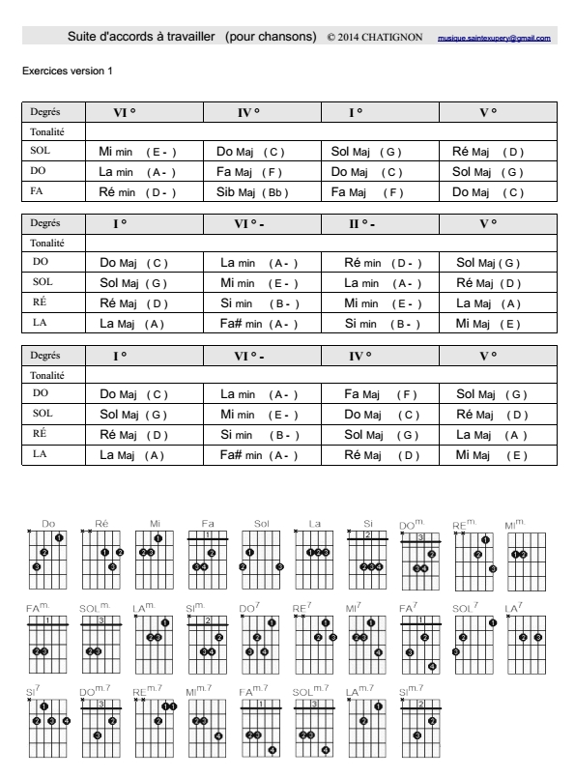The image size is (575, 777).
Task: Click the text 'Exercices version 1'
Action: tap(59, 72)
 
